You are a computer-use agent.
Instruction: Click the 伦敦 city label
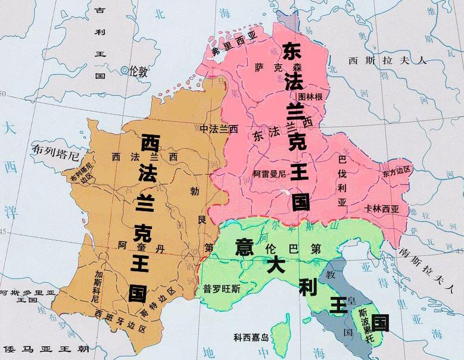138,71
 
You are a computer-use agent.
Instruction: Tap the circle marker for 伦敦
124,71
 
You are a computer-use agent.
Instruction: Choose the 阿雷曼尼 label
270,174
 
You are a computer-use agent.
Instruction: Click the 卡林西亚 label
381,209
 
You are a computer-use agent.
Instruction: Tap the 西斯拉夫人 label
388,60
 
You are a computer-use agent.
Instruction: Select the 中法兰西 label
219,129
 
